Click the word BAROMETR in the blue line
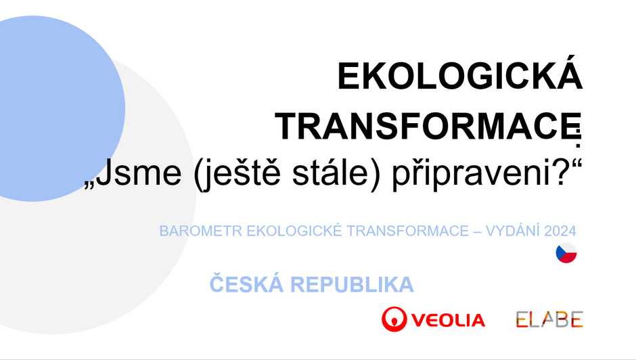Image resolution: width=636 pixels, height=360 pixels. [201, 231]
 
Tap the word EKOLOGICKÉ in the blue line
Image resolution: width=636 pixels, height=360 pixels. [294, 230]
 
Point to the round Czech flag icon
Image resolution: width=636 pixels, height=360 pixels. [566, 253]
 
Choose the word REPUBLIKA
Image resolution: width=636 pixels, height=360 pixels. [352, 284]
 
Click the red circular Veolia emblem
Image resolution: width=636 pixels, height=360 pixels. [394, 319]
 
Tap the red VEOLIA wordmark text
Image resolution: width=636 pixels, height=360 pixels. [448, 320]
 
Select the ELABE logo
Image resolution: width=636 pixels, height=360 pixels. [549, 319]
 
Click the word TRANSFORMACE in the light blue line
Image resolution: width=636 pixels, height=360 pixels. [407, 231]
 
